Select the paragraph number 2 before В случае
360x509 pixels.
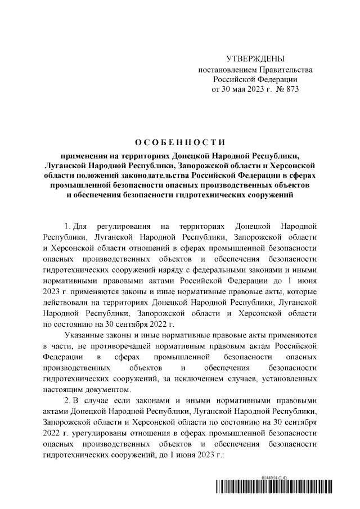(x=67, y=400)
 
